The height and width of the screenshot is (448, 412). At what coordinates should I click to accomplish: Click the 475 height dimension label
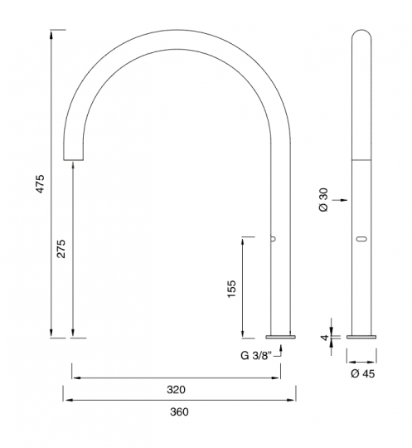pyautogui.click(x=41, y=184)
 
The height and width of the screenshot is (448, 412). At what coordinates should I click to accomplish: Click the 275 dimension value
pyautogui.click(x=61, y=249)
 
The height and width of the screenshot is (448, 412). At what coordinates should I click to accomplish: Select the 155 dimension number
pyautogui.click(x=231, y=290)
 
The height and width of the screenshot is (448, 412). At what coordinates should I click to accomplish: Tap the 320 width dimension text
pyautogui.click(x=177, y=389)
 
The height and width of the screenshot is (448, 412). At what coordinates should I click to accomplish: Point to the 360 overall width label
pyautogui.click(x=179, y=411)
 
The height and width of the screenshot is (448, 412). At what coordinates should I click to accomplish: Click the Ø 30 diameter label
pyautogui.click(x=323, y=199)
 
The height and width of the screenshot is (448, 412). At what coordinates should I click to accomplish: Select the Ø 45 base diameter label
pyautogui.click(x=362, y=373)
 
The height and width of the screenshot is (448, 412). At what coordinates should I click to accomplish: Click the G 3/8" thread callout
pyautogui.click(x=255, y=356)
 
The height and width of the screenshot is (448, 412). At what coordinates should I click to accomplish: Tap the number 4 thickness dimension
pyautogui.click(x=325, y=338)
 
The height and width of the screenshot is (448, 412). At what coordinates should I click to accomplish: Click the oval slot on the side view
pyautogui.click(x=361, y=239)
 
